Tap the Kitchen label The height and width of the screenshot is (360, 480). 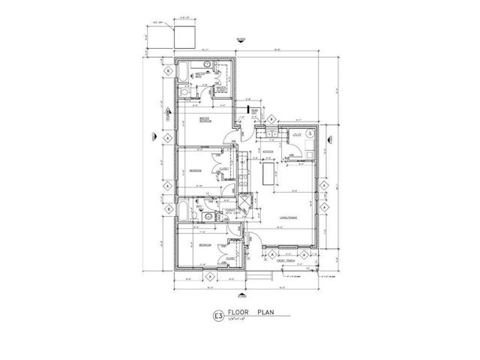[265, 151]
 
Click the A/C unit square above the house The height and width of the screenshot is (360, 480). [184, 36]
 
